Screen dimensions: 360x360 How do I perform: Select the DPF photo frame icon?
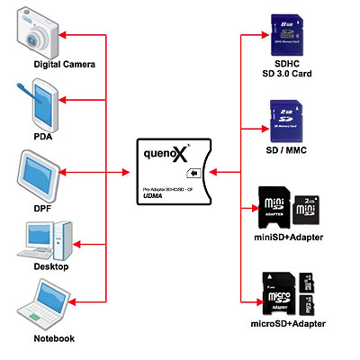click(x=40, y=175)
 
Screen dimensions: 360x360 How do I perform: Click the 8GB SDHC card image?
click(x=289, y=34)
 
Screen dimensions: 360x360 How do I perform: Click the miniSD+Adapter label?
click(x=289, y=237)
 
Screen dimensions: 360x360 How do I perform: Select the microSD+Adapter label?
click(x=289, y=322)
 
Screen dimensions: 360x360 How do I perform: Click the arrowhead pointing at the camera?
click(x=69, y=36)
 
